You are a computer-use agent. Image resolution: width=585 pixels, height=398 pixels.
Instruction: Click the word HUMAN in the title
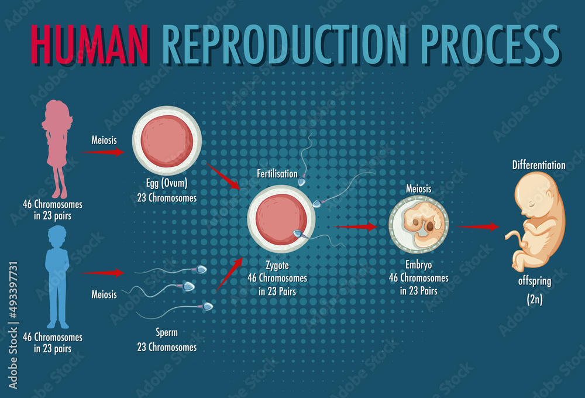pos(88,43)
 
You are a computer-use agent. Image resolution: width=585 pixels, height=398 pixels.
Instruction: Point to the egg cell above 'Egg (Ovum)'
pos(167,140)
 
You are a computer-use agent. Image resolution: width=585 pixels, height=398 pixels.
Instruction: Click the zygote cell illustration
pos(281,218)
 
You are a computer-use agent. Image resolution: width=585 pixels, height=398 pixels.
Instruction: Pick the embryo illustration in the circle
pos(419,225)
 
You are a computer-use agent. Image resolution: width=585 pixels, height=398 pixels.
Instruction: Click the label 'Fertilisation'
pos(277,174)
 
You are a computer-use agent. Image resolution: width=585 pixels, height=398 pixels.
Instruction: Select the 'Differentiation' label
pos(539,165)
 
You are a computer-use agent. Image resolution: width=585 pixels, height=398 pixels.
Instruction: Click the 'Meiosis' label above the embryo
pos(418,188)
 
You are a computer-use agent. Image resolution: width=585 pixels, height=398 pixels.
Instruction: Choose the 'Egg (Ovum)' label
pos(167,183)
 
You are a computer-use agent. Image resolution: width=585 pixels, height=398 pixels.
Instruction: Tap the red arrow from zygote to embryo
pos(357,227)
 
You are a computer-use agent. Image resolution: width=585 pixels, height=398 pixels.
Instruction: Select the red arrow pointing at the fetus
pos(480,227)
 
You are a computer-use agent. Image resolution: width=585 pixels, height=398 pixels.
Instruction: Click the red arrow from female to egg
pos(104,152)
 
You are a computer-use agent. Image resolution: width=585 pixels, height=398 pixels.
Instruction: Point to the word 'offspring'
pos(534,281)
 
